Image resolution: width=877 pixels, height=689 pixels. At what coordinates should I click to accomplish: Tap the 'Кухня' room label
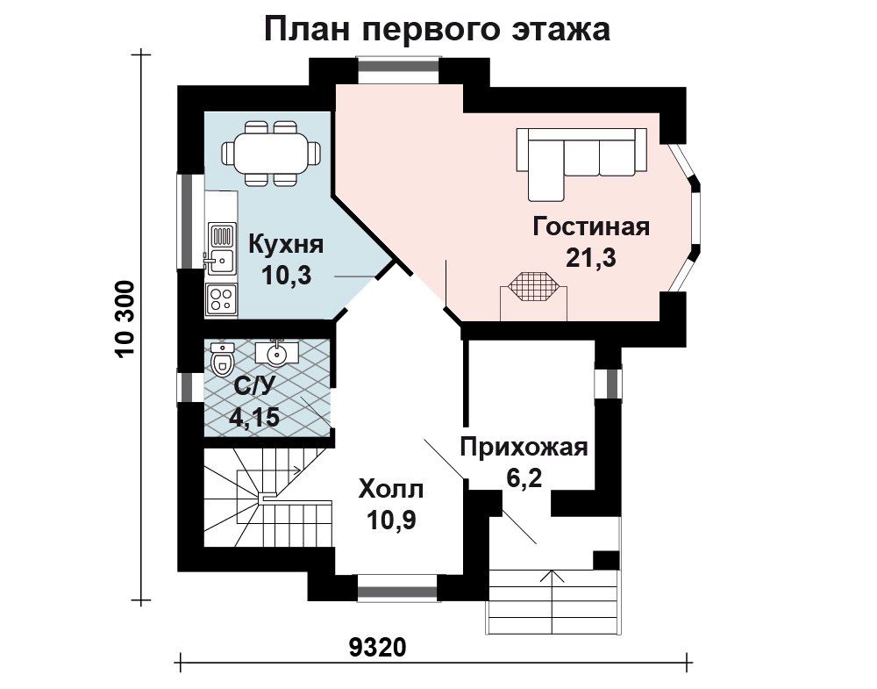coord(286,245)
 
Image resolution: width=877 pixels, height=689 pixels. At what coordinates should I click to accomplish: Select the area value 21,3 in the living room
coord(590,258)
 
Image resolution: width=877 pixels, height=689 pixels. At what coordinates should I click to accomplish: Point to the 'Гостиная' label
coord(590,227)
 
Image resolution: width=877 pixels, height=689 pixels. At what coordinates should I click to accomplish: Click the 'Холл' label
coord(391,490)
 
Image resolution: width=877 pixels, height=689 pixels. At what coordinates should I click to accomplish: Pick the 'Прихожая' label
coord(524,448)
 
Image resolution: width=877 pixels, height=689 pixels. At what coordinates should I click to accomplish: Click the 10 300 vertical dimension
coord(125,319)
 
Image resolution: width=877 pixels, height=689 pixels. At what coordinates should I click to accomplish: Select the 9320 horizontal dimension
coord(377,648)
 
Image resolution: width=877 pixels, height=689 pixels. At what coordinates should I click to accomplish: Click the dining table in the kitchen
coord(272,153)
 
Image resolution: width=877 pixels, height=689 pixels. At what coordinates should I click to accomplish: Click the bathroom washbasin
coord(275,352)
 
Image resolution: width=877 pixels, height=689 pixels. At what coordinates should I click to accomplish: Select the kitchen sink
coord(221,260)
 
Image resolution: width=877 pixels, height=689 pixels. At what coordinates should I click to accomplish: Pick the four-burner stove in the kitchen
coord(221,299)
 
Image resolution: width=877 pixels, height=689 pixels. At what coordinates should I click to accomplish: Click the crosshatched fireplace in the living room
coord(532,287)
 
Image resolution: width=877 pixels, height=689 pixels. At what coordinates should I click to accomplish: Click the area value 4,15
coord(255,417)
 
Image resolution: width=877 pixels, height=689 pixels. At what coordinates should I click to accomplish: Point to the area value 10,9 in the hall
coord(391,521)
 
